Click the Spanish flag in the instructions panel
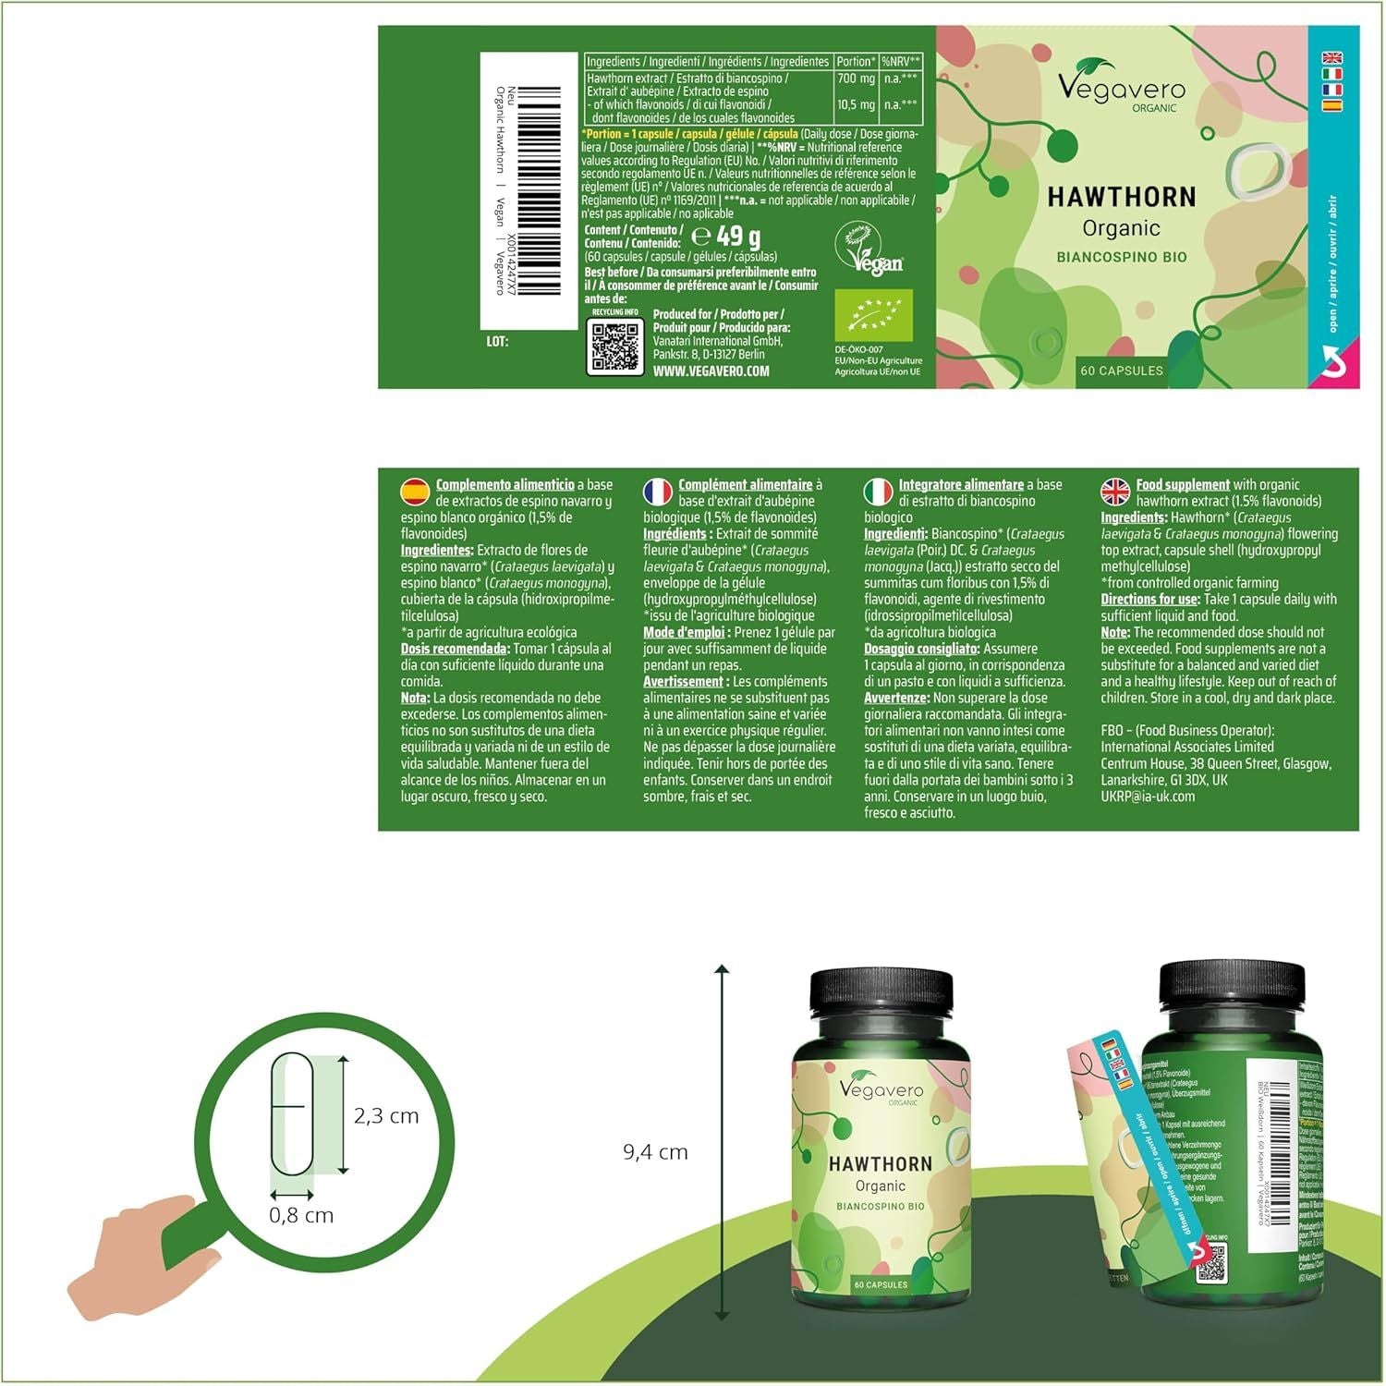(x=414, y=490)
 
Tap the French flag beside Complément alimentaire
(x=657, y=491)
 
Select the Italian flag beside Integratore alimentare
(x=878, y=491)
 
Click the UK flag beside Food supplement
(x=1115, y=491)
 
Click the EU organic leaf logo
(x=873, y=315)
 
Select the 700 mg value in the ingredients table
(x=855, y=79)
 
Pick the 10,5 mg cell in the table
(x=855, y=104)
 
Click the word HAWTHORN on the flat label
(x=1121, y=197)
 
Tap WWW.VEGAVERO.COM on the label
(x=711, y=371)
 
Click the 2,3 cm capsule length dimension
(x=386, y=1116)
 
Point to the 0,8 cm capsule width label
(x=301, y=1215)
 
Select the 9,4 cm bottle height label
(x=655, y=1152)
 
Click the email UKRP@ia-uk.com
(x=1147, y=796)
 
